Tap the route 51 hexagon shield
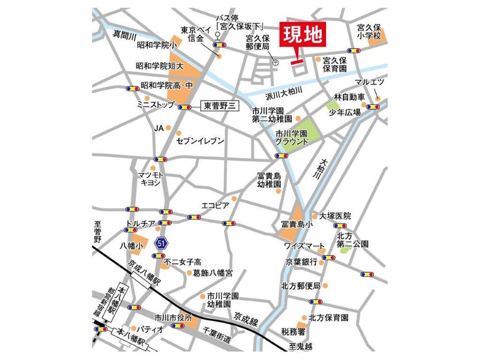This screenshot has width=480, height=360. [161, 243]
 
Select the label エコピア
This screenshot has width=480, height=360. [215, 205]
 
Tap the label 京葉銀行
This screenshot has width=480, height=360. [301, 262]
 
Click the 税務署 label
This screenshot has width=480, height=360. [293, 331]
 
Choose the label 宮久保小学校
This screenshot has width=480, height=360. [369, 32]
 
